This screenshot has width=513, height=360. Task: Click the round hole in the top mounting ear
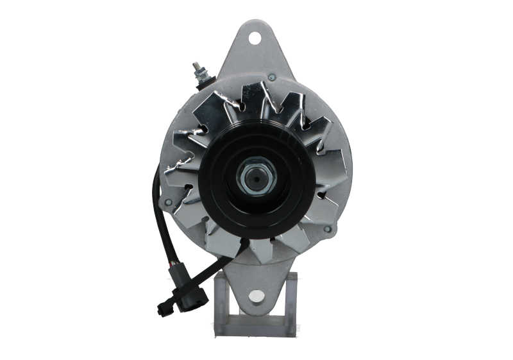pos(256,36)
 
